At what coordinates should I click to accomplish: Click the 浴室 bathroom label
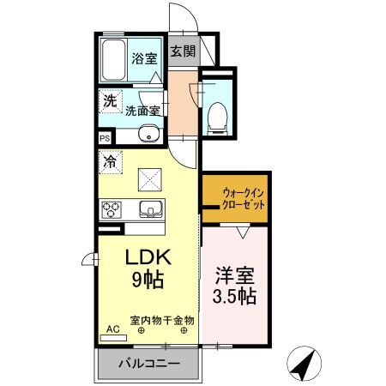(143, 59)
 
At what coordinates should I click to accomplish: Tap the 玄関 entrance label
(182, 51)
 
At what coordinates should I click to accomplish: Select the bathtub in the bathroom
(112, 60)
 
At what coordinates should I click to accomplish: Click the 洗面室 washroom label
(142, 111)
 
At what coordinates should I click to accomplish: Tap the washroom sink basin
(149, 134)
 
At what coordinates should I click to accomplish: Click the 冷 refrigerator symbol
(110, 160)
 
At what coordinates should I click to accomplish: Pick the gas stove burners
(113, 208)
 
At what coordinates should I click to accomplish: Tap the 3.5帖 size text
(234, 297)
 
